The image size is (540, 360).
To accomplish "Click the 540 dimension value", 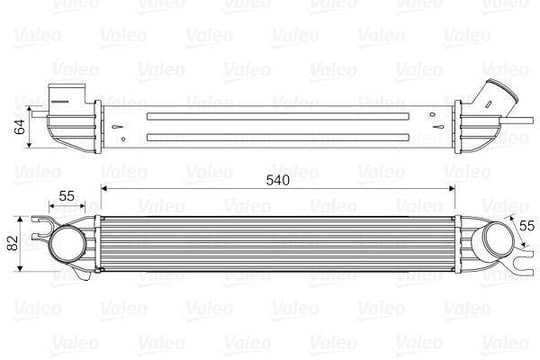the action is click(x=278, y=180).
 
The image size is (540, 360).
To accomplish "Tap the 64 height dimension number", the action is click(x=19, y=127).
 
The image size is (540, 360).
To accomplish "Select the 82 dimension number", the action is click(x=12, y=243).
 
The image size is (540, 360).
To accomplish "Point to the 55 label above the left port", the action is click(x=66, y=196).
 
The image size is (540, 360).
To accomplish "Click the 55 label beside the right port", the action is click(x=527, y=226).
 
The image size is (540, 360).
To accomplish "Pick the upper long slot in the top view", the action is click(x=278, y=116).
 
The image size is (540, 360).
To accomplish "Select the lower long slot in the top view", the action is click(x=278, y=137).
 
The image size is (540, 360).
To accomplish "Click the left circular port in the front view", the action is click(x=68, y=243).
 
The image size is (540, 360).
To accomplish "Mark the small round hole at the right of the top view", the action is click(x=432, y=115).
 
